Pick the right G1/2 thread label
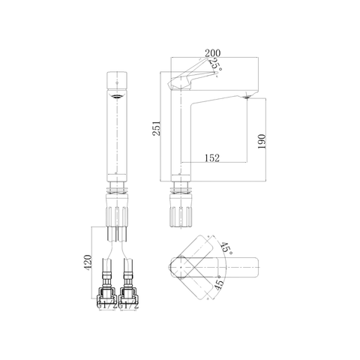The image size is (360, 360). click(133, 307)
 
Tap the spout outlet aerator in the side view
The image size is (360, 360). click(247, 97)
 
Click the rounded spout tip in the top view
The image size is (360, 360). click(253, 265)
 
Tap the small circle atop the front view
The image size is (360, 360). click(116, 79)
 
